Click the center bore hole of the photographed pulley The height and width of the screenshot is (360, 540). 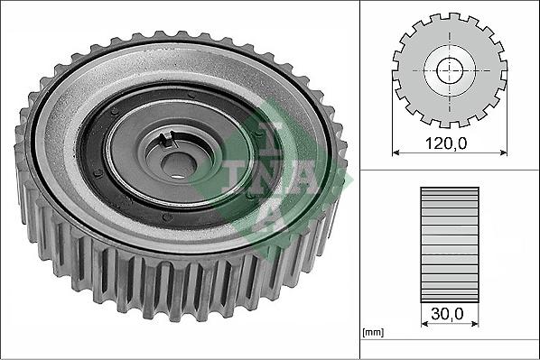(178, 163)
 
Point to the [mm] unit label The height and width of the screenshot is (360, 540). (372, 333)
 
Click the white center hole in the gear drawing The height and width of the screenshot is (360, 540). (449, 70)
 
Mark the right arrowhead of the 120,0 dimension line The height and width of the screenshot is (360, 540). (502, 152)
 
